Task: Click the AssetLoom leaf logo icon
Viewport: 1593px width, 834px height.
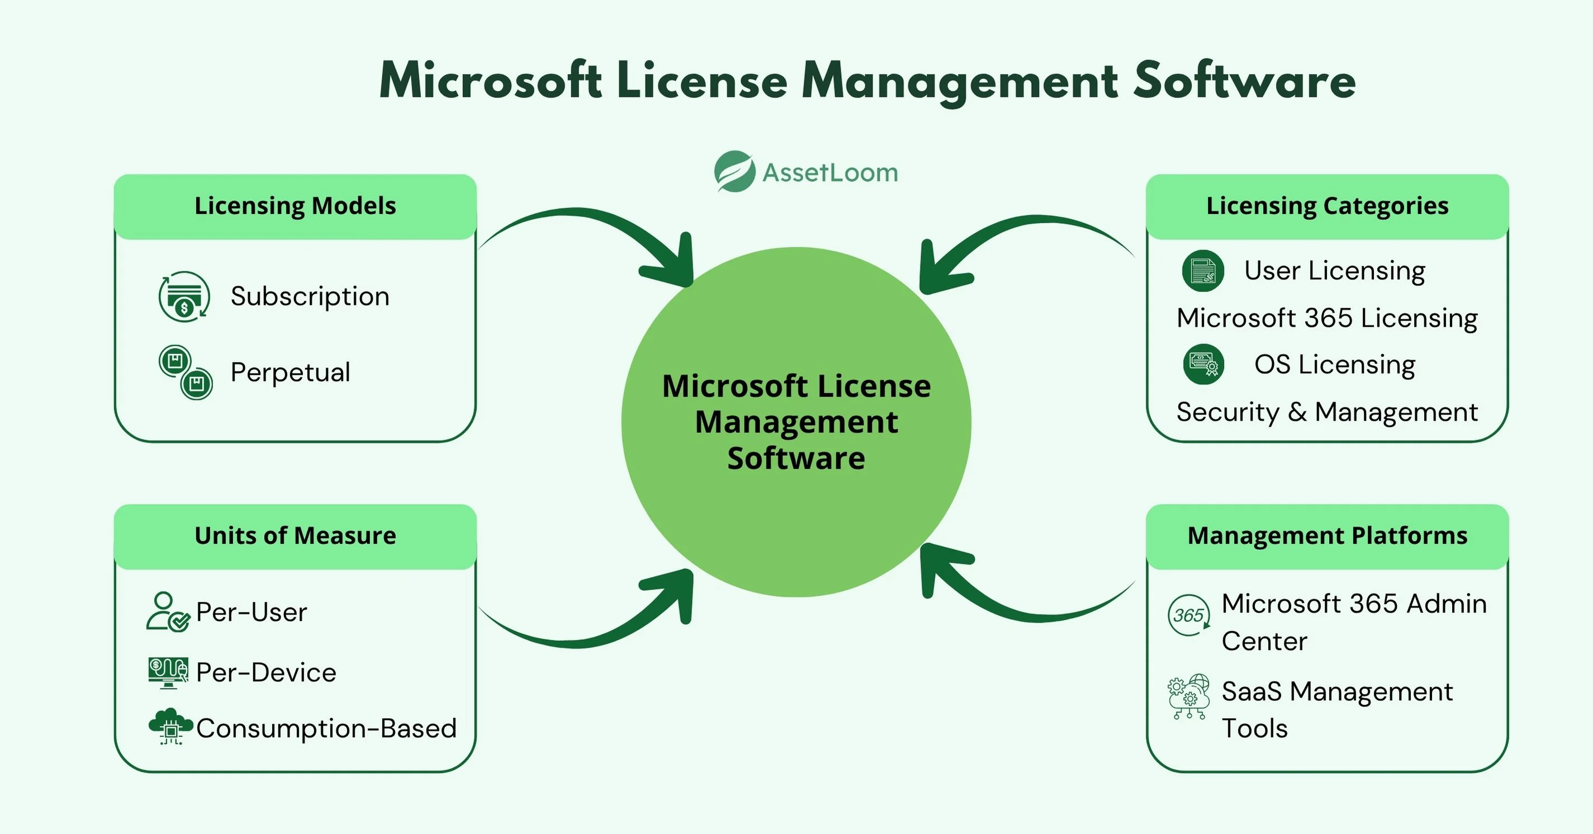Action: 734,171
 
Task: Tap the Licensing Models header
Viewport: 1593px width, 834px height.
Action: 295,206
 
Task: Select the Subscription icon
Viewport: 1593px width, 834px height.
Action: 184,296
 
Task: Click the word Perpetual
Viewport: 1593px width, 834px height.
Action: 290,373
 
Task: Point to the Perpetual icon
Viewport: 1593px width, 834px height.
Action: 186,373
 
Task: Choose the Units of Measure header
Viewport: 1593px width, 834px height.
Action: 295,536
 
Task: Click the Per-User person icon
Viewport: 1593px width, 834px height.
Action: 167,612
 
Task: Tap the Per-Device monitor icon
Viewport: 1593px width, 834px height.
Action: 168,672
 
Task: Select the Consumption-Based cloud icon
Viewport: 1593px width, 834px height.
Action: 170,727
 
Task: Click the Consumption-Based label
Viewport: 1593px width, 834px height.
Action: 326,729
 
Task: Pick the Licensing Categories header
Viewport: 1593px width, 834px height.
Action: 1327,206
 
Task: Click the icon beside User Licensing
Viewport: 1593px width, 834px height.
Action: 1203,271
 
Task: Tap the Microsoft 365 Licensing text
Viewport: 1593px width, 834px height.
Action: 1327,318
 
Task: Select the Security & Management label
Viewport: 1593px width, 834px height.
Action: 1327,412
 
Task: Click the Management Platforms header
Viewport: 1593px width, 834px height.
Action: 1327,536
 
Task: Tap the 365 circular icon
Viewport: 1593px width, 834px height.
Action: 1188,615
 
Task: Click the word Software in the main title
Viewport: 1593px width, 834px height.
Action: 1244,81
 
